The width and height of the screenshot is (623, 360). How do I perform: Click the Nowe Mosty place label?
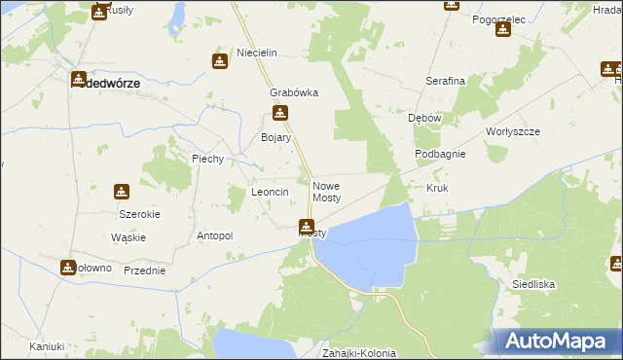click(x=326, y=192)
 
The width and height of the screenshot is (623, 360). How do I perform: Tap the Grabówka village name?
click(x=294, y=93)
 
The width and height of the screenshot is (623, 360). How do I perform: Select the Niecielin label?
click(x=258, y=52)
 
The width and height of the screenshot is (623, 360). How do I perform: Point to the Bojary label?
click(x=276, y=138)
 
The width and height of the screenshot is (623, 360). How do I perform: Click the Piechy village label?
click(x=208, y=159)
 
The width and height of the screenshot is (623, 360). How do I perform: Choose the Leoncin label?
click(x=271, y=193)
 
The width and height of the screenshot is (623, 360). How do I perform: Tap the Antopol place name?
click(x=215, y=235)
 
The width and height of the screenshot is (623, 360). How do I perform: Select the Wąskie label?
click(x=128, y=237)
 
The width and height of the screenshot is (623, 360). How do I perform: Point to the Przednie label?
click(x=144, y=270)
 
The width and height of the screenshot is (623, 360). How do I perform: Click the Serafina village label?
click(x=445, y=81)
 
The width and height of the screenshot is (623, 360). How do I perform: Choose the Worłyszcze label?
click(x=512, y=130)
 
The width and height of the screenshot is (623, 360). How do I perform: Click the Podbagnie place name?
click(x=440, y=154)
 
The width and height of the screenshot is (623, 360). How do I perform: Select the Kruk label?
click(x=436, y=187)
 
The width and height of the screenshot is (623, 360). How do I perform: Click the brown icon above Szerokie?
click(x=122, y=192)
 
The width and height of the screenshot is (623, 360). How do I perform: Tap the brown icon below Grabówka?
click(x=281, y=113)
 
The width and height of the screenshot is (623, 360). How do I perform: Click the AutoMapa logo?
click(x=556, y=341)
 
